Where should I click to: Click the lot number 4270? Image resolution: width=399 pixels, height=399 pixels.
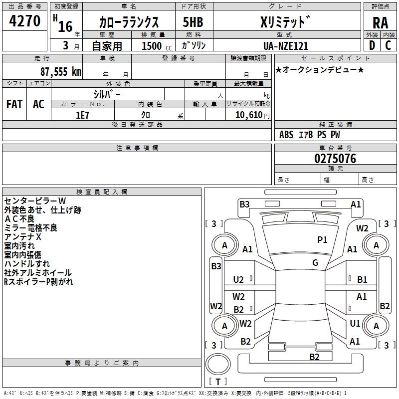[x=25, y=21]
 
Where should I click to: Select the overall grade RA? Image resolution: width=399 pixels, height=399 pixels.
[x=380, y=22]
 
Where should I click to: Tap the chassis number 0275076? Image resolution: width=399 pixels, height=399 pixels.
[x=335, y=159]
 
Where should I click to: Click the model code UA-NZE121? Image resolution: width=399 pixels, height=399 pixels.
[x=285, y=46]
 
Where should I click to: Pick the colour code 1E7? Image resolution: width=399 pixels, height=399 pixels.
[x=82, y=115]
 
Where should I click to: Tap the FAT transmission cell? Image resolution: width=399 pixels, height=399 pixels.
[x=14, y=104]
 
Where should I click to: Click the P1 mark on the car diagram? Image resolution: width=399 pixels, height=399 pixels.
[x=323, y=240]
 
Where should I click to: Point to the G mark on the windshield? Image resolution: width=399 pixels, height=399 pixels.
[x=315, y=263]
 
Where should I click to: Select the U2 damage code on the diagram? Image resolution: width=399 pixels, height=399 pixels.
[x=239, y=280]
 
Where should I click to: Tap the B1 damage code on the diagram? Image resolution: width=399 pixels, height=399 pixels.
[x=362, y=280]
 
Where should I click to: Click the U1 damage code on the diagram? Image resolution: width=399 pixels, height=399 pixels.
[x=355, y=324]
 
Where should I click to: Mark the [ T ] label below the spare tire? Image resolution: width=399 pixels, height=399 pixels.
[x=218, y=382]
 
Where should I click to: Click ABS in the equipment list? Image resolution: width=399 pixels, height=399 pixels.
[x=286, y=135]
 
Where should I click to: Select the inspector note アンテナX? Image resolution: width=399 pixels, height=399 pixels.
[x=22, y=237]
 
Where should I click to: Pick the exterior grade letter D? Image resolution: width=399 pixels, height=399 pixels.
[x=372, y=45]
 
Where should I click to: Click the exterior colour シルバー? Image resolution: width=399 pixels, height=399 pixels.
[x=107, y=94]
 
